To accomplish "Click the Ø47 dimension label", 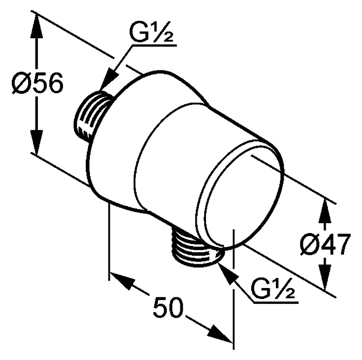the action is (x=325, y=244).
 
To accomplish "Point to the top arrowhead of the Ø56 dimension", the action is (x=37, y=25).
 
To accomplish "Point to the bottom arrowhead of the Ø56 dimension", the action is (x=36, y=142).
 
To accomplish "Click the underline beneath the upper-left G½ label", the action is (x=154, y=46).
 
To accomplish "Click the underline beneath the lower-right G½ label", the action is (x=275, y=302).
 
